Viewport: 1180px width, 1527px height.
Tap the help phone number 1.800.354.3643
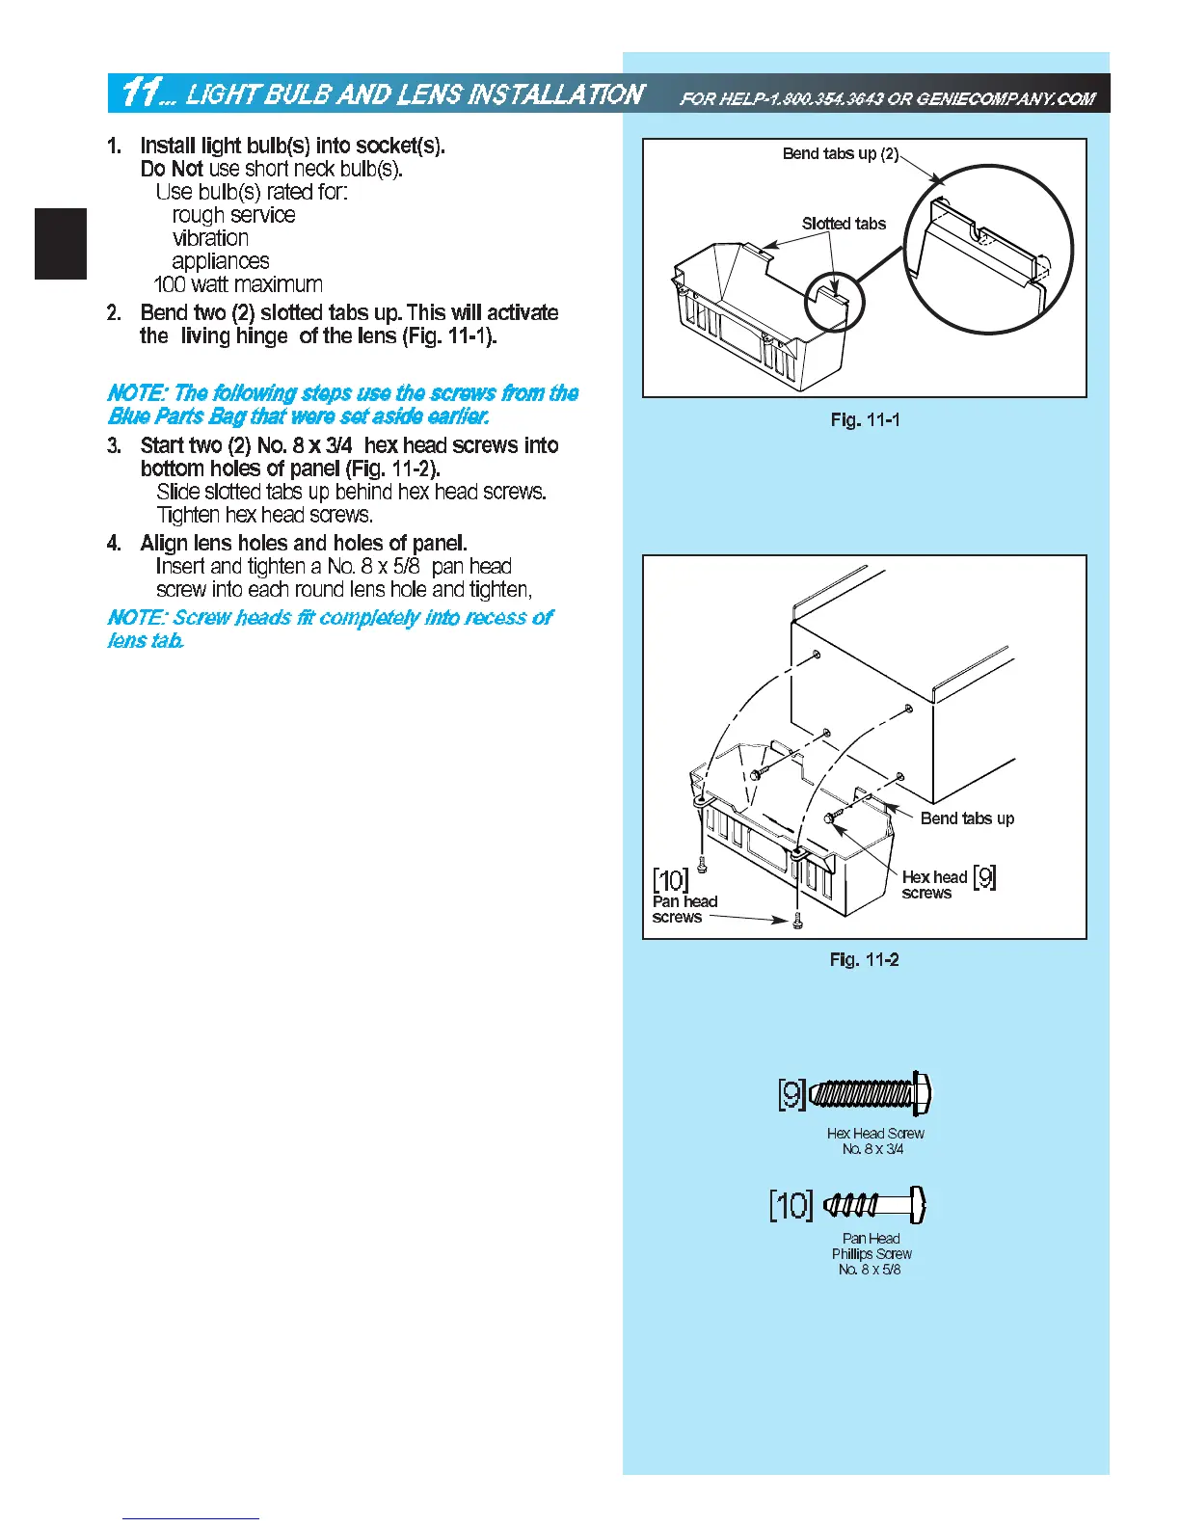818,98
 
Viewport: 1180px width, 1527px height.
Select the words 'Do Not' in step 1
171,170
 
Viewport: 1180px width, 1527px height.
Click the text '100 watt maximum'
238,284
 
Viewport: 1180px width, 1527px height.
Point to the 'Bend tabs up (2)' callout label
840,154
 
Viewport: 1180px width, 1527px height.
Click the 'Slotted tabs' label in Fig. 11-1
844,224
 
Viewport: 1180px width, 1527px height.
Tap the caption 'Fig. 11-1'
865,420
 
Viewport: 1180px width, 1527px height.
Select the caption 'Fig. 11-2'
864,960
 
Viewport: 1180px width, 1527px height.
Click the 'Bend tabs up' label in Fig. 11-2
967,818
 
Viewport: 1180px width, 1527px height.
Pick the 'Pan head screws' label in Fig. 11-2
684,909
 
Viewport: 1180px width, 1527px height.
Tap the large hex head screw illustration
871,1094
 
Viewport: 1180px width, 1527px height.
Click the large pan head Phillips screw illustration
875,1203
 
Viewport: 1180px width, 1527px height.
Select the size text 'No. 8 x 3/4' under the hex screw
872,1149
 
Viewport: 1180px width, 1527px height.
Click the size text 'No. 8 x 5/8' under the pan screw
870,1270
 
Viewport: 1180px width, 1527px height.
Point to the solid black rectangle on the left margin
61,244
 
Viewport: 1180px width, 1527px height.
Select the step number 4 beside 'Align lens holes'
114,544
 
